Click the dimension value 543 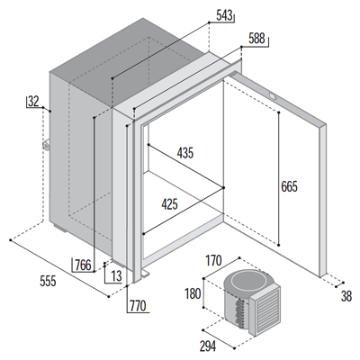[x=224, y=15]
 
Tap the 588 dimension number [x=256, y=39]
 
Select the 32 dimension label [x=33, y=102]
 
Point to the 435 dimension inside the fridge [x=185, y=153]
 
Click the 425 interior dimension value [x=169, y=204]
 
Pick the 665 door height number [x=289, y=187]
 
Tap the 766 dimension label [x=83, y=265]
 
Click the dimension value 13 [x=116, y=275]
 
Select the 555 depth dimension [x=48, y=281]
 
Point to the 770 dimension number [x=138, y=306]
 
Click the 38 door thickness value [x=346, y=297]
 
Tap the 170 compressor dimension [x=213, y=260]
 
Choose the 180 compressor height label [x=193, y=293]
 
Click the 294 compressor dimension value [x=208, y=346]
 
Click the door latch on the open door [x=273, y=96]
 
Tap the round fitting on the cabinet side [x=46, y=146]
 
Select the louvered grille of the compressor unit [x=265, y=311]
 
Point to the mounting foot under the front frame [x=146, y=273]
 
